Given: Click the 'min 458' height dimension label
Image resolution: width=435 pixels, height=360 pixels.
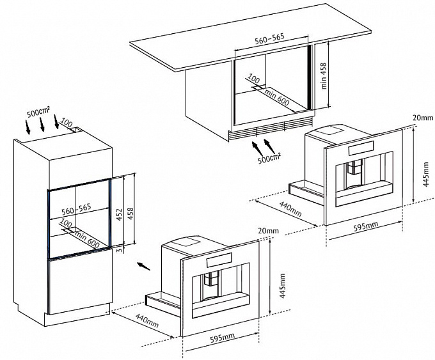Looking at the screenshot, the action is pyautogui.click(x=324, y=75).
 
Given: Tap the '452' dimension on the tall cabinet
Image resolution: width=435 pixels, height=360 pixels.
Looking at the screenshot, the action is pyautogui.click(x=120, y=215).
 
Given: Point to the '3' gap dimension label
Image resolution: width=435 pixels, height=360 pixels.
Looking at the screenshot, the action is pyautogui.click(x=119, y=251).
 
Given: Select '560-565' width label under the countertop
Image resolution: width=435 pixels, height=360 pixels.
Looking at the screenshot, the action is pyautogui.click(x=270, y=38).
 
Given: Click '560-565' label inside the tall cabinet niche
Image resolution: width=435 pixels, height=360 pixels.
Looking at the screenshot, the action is pyautogui.click(x=76, y=209).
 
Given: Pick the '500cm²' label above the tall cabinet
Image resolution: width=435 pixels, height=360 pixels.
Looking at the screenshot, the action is pyautogui.click(x=38, y=112).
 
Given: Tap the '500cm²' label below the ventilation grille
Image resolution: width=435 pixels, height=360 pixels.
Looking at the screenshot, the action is pyautogui.click(x=269, y=159).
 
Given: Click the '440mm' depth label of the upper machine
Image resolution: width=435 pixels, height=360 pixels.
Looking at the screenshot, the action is pyautogui.click(x=290, y=209).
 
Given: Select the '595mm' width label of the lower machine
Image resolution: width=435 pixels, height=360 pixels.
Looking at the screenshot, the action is pyautogui.click(x=222, y=338).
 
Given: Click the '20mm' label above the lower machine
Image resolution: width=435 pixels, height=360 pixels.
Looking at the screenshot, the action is pyautogui.click(x=268, y=231).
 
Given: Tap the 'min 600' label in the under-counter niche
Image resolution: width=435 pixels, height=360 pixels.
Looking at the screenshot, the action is pyautogui.click(x=277, y=98).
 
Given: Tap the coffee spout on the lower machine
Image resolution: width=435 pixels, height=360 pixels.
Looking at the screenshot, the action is pyautogui.click(x=211, y=279).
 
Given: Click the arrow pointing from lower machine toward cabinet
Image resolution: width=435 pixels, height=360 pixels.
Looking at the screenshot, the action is pyautogui.click(x=144, y=265).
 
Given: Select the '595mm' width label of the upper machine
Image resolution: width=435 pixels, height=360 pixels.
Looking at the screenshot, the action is pyautogui.click(x=366, y=227).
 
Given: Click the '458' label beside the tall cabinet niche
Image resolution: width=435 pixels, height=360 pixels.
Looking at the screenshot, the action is pyautogui.click(x=130, y=214).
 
